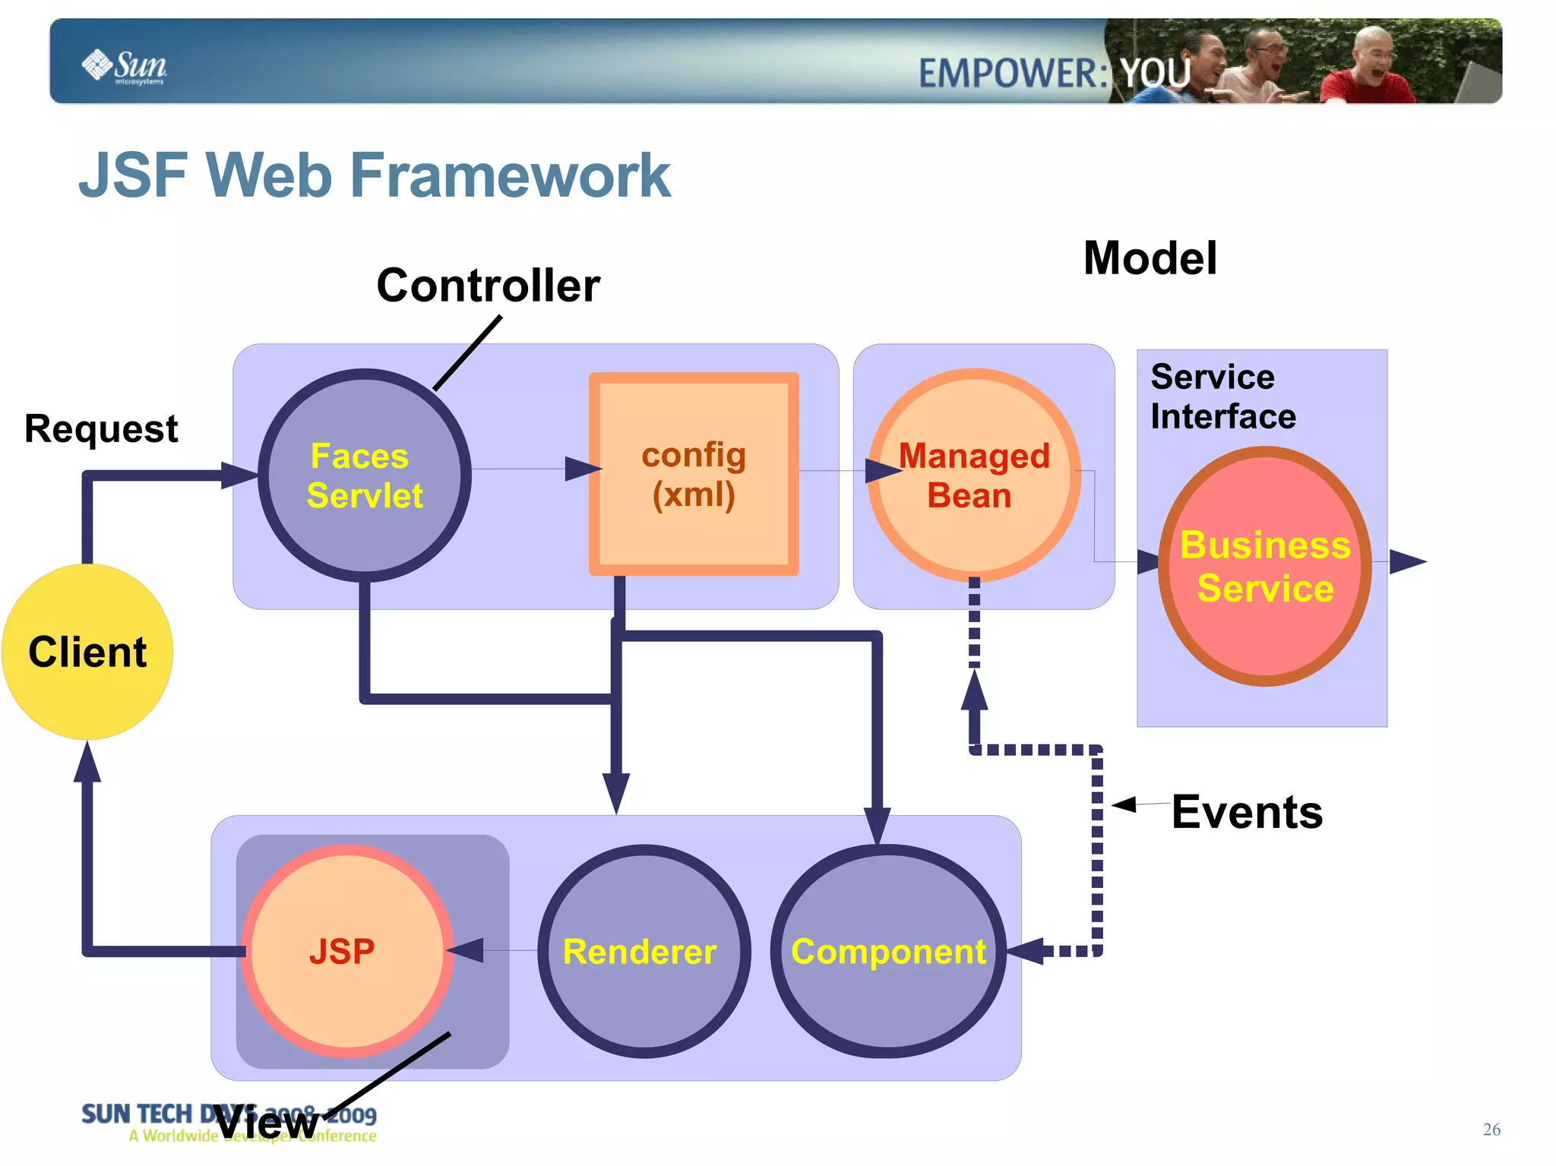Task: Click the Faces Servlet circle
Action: pos(365,476)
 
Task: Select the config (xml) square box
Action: pos(694,474)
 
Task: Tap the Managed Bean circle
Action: pos(974,476)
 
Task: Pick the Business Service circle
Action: pos(1265,567)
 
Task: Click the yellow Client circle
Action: pos(87,652)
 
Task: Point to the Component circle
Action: pos(888,951)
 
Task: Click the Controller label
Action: pos(488,286)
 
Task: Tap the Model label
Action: pos(1150,258)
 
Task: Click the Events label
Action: pos(1247,811)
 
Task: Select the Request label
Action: pos(101,428)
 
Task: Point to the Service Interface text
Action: pos(1222,397)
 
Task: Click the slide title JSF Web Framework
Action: pos(375,175)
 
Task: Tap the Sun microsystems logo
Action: pos(125,65)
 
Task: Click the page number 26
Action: pos(1491,1129)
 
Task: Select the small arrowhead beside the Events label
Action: pos(1124,804)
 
